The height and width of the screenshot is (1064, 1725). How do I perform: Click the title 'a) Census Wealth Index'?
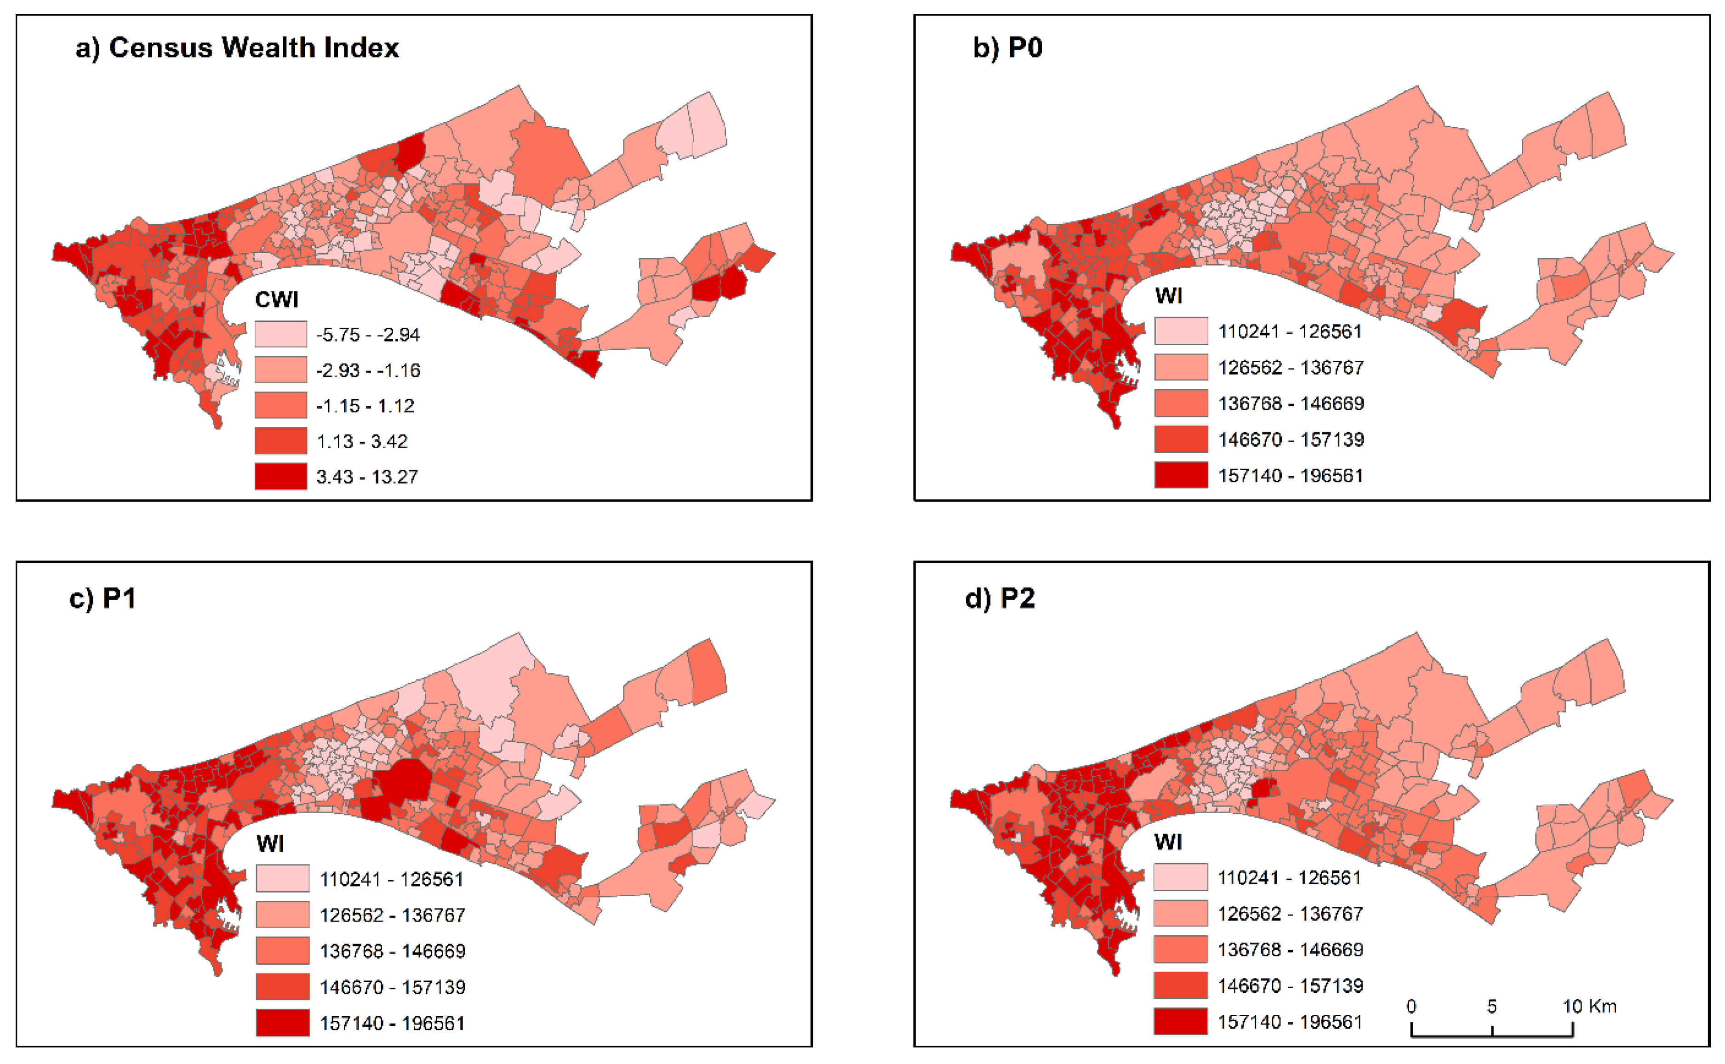pos(237,48)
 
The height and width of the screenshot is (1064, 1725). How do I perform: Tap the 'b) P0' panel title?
pos(1007,48)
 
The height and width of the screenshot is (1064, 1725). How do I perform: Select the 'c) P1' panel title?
pos(103,598)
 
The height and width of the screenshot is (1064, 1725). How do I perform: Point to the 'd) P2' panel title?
pos(1000,598)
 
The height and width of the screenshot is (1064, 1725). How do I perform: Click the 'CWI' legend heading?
pos(277,300)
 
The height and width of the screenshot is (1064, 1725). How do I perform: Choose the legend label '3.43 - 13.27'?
pos(367,477)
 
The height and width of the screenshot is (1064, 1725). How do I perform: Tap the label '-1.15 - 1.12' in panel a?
pos(365,406)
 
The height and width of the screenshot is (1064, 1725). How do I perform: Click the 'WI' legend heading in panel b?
pos(1168,296)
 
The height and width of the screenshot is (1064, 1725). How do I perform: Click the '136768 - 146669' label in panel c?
pos(392,951)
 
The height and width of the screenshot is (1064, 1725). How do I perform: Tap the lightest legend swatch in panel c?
pos(282,878)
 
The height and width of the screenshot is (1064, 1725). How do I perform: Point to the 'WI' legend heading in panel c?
pos(270,843)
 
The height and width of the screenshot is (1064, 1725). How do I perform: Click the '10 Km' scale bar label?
pos(1589,1006)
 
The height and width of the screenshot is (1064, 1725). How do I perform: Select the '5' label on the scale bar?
pos(1491,1006)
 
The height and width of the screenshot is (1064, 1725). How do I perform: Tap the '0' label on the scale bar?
pos(1411,1006)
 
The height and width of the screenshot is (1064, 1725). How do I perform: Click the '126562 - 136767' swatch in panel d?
pos(1180,913)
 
